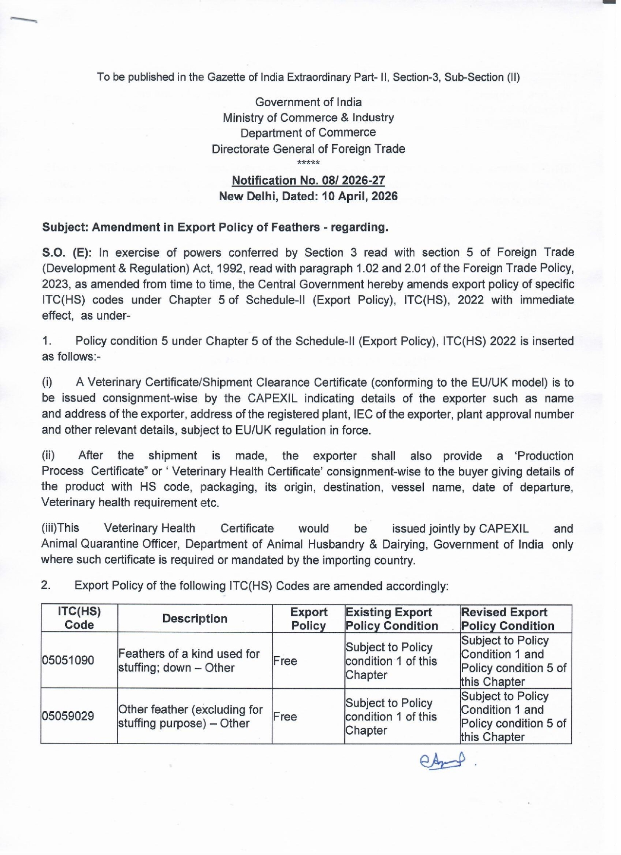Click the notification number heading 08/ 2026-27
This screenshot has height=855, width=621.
click(x=308, y=181)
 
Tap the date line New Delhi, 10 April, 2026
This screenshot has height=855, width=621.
click(x=308, y=196)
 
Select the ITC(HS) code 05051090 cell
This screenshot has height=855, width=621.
click(x=68, y=661)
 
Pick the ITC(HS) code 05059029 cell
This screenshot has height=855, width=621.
click(x=68, y=716)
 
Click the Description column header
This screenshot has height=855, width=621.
click(x=195, y=619)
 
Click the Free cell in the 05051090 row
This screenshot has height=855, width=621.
click(x=285, y=661)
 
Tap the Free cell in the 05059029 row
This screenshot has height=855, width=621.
click(x=285, y=717)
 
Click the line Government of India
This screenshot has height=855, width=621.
click(x=308, y=102)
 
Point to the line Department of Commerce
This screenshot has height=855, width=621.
click(x=308, y=133)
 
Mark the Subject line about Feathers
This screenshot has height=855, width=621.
click(x=215, y=228)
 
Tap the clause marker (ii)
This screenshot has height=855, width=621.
click(x=48, y=456)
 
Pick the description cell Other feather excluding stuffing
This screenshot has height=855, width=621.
click(x=190, y=716)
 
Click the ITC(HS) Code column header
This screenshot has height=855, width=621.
click(x=79, y=619)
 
